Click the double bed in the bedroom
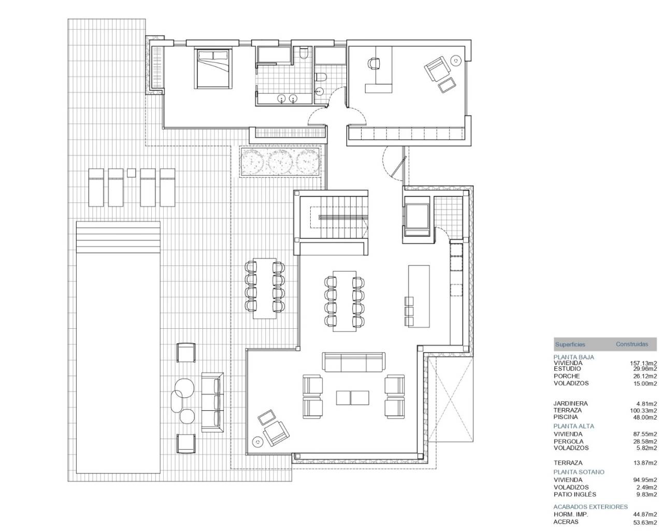[x=213, y=69]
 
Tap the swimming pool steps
[x=118, y=237]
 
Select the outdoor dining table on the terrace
[x=265, y=288]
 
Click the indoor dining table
[x=344, y=301]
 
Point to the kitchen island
[x=419, y=296]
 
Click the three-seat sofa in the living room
[x=354, y=362]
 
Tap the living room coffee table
[x=352, y=398]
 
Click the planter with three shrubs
[x=280, y=162]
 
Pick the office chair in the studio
[x=374, y=64]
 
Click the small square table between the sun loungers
[x=131, y=173]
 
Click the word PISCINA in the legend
[x=566, y=417]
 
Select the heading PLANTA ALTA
[x=574, y=426]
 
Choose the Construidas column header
[x=632, y=344]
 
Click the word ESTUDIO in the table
[x=567, y=369]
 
